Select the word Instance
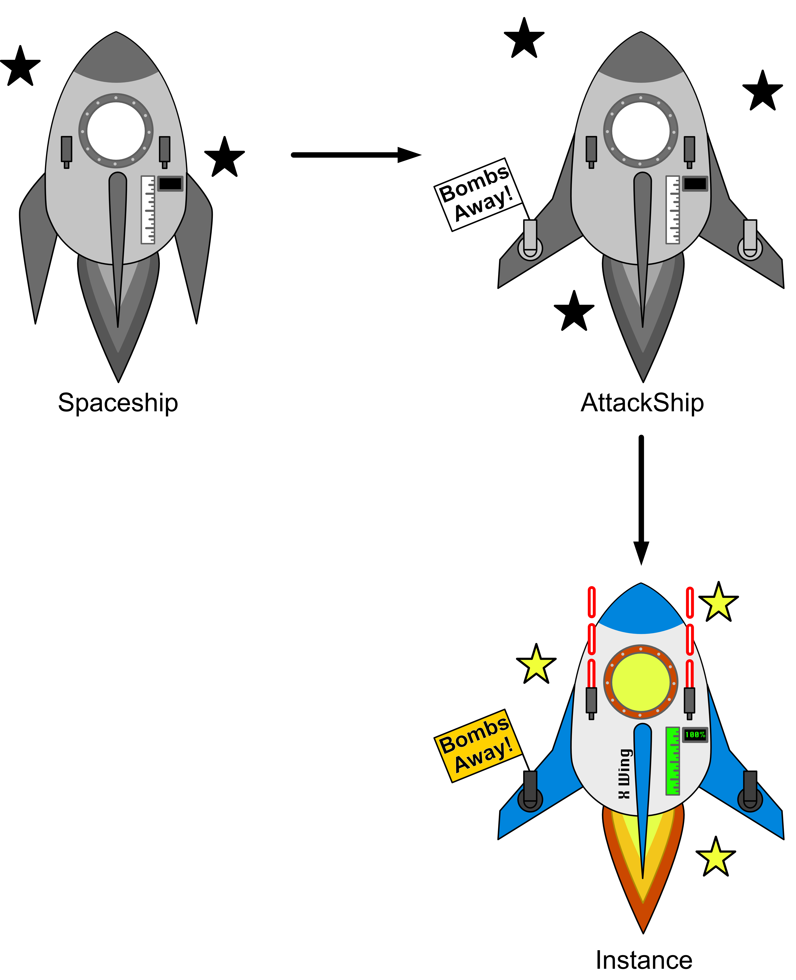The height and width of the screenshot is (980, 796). point(643,960)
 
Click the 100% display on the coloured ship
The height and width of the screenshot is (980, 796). point(695,735)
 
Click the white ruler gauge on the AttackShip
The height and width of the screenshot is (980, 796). point(673,210)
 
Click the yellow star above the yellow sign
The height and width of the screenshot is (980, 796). point(536,665)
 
